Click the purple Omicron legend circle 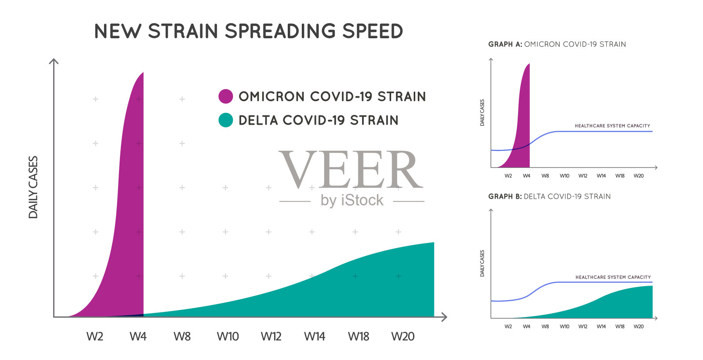(225, 96)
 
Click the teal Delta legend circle (225, 120)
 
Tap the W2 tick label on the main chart (94, 337)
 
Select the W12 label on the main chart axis (271, 337)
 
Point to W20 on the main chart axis (402, 337)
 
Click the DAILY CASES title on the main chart (33, 187)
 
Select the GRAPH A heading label (505, 44)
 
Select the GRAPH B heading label (505, 196)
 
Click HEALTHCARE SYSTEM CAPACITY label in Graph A (612, 126)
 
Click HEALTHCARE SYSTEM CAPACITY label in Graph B (613, 277)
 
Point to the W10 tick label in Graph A (564, 176)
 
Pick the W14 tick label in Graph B (601, 327)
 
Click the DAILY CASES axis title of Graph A (482, 113)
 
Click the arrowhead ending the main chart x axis (445, 317)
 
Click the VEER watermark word (351, 170)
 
